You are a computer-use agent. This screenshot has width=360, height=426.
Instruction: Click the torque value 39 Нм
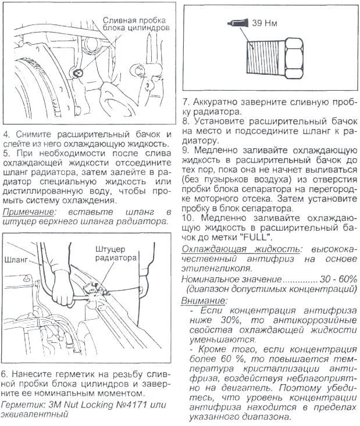point(263,24)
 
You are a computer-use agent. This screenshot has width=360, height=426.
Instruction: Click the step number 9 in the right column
point(185,150)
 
